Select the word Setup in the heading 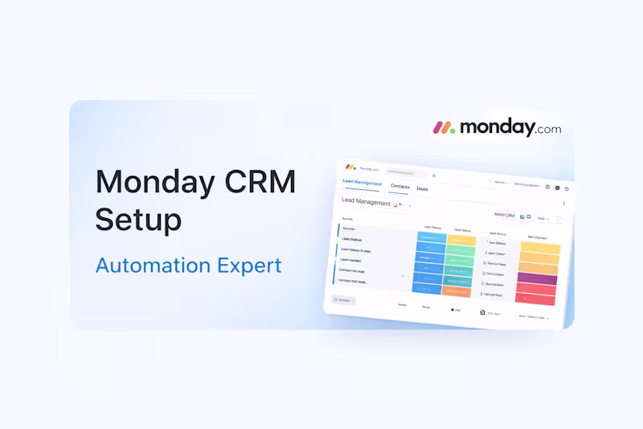point(138,219)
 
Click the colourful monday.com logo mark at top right point(444,127)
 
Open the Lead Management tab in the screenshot point(362,182)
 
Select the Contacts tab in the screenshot point(399,187)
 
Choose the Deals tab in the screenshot point(422,189)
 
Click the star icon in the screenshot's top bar point(566,188)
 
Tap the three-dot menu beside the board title point(563,204)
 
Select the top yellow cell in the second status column point(462,241)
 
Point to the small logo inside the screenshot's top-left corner point(350,167)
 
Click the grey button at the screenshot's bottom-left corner point(344,300)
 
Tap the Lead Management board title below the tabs point(366,202)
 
